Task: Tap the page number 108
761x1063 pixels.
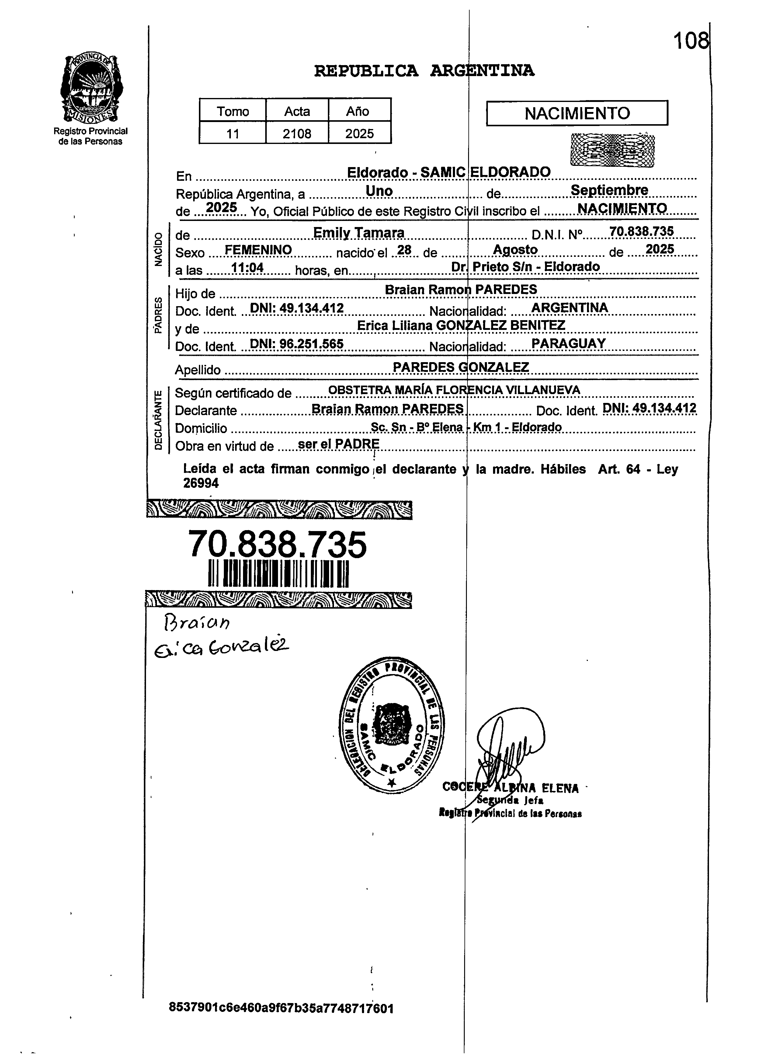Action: coord(691,42)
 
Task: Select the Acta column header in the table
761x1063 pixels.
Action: coord(297,111)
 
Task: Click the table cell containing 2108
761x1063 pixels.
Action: coord(297,134)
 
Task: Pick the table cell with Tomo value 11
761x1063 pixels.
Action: coord(233,134)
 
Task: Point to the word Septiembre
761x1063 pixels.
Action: coord(609,190)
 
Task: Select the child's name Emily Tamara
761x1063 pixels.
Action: coord(358,233)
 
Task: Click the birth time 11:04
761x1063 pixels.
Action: coord(247,267)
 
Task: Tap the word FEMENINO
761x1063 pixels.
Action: coord(258,250)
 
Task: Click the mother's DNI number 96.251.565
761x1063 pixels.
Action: coord(311,344)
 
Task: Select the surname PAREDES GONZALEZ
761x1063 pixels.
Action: coord(460,367)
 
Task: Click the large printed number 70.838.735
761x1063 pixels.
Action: coord(277,545)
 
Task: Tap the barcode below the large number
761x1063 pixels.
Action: coord(278,573)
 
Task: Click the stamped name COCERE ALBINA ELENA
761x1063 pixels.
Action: coord(510,788)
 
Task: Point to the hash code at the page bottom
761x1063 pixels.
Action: coord(281,1008)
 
